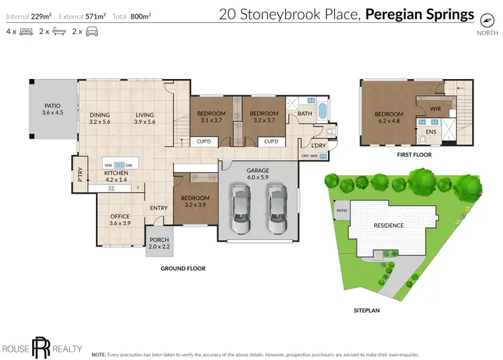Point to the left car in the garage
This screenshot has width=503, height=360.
pyautogui.click(x=240, y=207)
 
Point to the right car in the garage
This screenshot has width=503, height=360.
pyautogui.click(x=277, y=207)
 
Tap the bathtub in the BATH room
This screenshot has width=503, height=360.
pyautogui.click(x=323, y=111)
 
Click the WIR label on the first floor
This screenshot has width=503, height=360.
pyautogui.click(x=434, y=108)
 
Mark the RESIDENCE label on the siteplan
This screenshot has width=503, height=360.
pyautogui.click(x=389, y=225)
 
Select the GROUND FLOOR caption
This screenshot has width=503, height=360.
pyautogui.click(x=182, y=268)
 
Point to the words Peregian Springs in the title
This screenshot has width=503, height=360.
pyautogui.click(x=420, y=14)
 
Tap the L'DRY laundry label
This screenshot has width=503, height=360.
pyautogui.click(x=318, y=145)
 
